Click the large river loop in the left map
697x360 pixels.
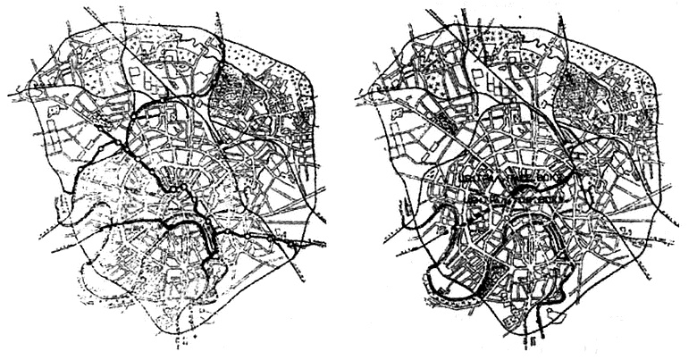point(204,239)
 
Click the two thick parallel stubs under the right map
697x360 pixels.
point(534,339)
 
